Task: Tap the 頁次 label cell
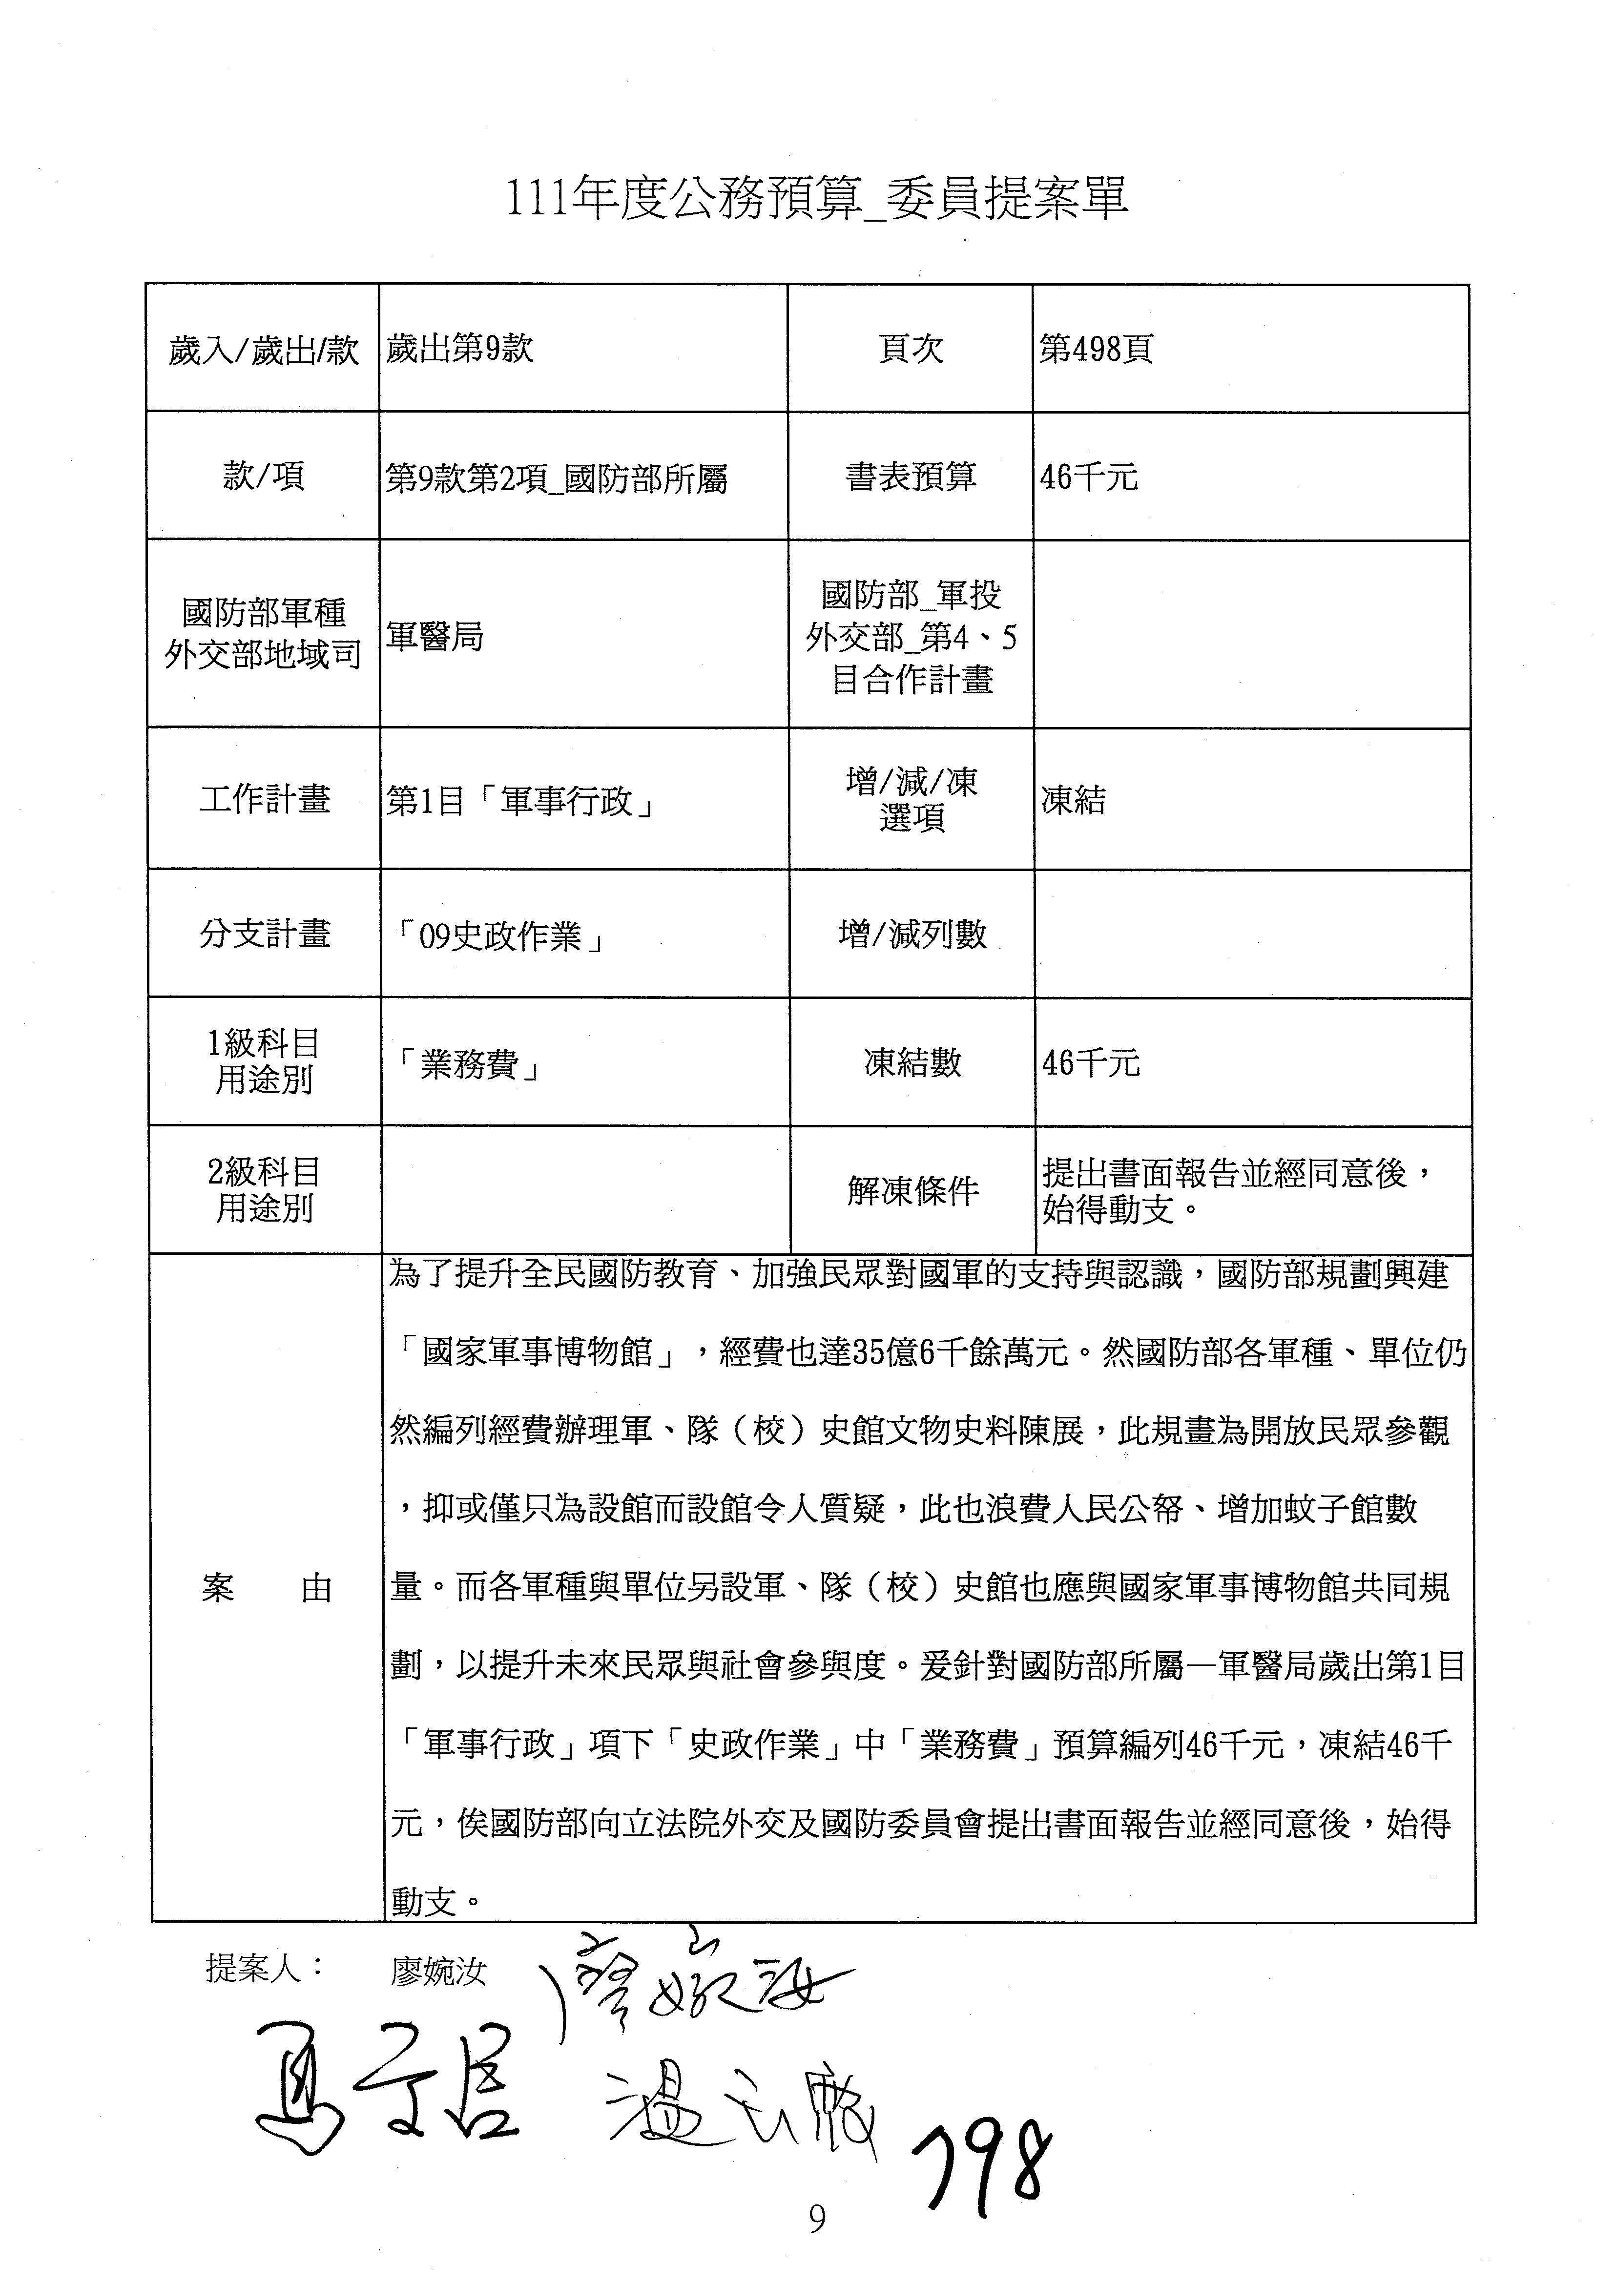[x=910, y=349]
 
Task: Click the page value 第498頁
[x=1096, y=349]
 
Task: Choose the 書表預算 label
[x=910, y=477]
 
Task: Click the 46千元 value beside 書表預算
[x=1089, y=477]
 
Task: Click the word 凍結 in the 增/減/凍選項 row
[x=1073, y=800]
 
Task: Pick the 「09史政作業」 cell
[x=499, y=935]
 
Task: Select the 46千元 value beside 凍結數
[x=1091, y=1063]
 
